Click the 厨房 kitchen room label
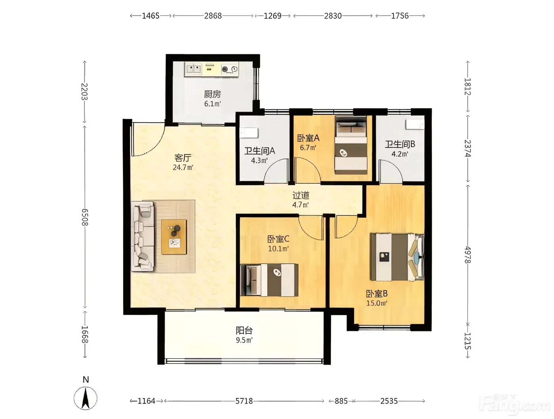tap(212, 94)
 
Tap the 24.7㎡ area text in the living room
tap(183, 167)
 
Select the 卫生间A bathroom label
tap(260, 151)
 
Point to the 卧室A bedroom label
tap(308, 138)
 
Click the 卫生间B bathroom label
tap(400, 144)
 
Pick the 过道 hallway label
tap(301, 195)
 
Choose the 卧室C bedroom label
tap(278, 239)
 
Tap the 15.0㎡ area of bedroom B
tap(377, 303)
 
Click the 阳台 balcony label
tap(244, 330)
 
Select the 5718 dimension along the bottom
tap(244, 401)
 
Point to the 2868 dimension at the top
tap(213, 16)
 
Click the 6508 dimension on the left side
tap(85, 217)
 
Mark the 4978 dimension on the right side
tap(467, 254)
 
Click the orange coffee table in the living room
tap(174, 237)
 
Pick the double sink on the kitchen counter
tap(194, 69)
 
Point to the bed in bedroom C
tap(269, 280)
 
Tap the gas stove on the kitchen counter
tap(230, 69)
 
